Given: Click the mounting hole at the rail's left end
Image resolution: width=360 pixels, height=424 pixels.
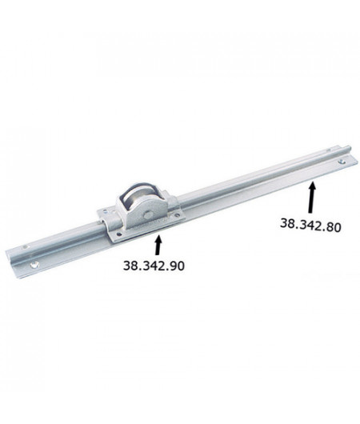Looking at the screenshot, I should click(34, 264).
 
